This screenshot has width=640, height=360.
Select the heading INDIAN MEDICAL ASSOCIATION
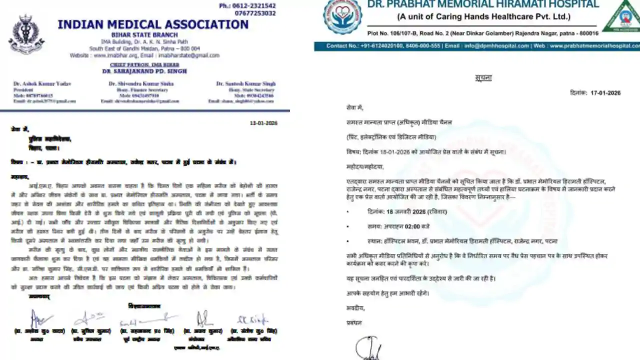pos(153,24)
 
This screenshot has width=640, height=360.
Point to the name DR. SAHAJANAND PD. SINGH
pos(144,71)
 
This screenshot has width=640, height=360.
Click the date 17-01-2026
pos(605,93)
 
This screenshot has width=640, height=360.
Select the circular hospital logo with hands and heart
pos(342,16)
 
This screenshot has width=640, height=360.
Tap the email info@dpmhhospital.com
pos(496,46)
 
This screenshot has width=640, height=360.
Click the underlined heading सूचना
pos(483,78)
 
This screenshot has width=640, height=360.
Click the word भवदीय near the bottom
pos(355,308)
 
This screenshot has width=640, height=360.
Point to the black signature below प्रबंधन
pos(366,348)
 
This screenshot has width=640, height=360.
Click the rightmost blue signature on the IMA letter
pos(252,319)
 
